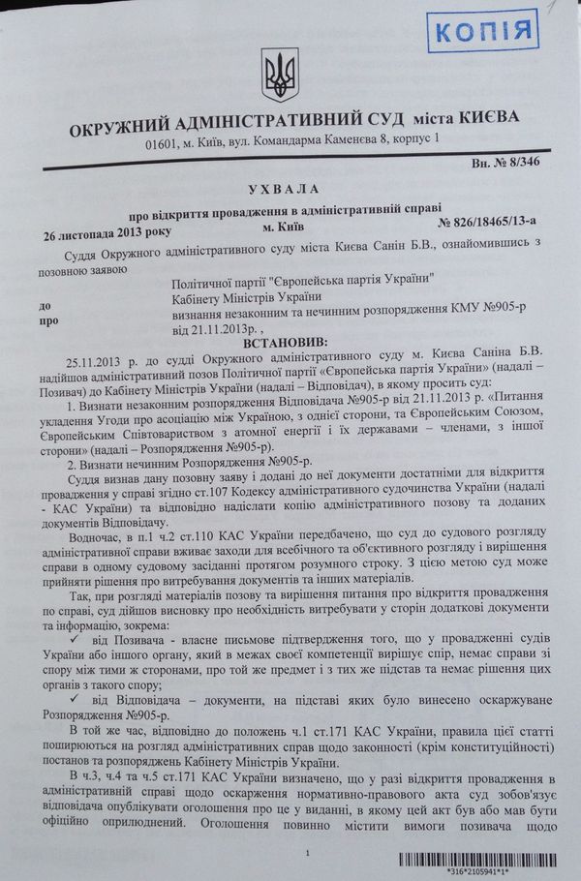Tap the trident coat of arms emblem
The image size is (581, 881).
click(276, 74)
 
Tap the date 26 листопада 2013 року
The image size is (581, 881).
click(98, 235)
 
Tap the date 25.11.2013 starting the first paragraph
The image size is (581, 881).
click(87, 360)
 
